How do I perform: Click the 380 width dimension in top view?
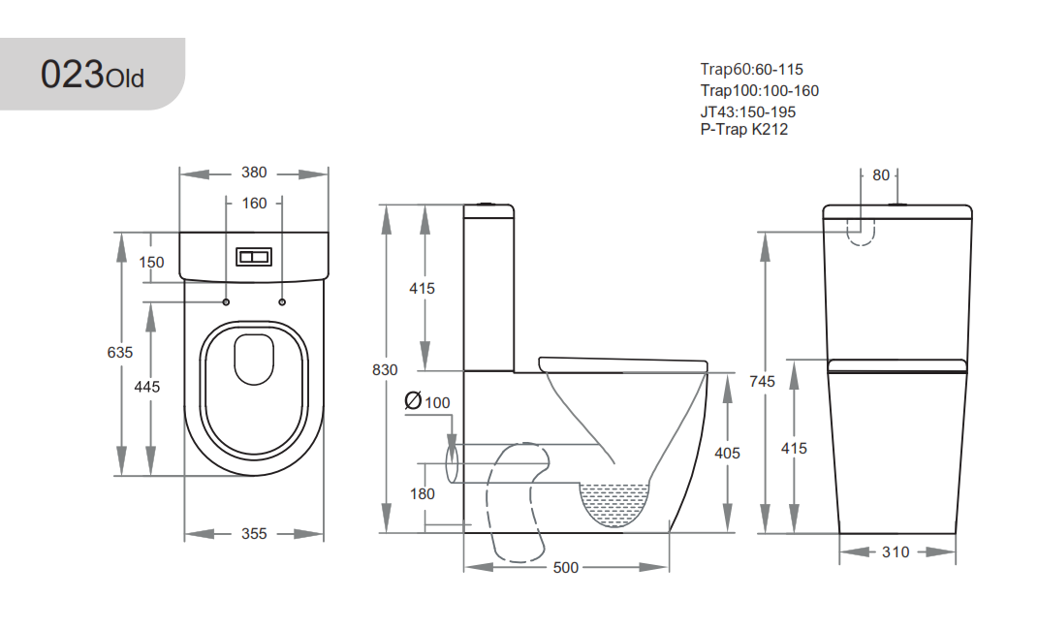[x=254, y=173]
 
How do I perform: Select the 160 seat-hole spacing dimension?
[x=254, y=204]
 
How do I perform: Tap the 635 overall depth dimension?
[x=120, y=353]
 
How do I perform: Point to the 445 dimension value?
[x=147, y=387]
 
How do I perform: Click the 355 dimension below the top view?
[x=254, y=533]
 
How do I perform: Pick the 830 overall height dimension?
[x=385, y=370]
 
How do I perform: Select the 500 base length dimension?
[x=565, y=567]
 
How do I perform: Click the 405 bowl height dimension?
[x=727, y=454]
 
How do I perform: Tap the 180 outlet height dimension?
[x=423, y=493]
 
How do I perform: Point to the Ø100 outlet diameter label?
[x=427, y=401]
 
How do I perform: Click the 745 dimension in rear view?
[x=762, y=381]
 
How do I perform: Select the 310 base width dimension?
[x=896, y=551]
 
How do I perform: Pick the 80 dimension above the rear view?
[x=880, y=175]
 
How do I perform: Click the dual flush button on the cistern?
[x=254, y=256]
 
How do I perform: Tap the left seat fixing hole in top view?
[x=227, y=301]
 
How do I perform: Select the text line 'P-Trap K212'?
[x=744, y=129]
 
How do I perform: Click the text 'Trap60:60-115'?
[x=752, y=70]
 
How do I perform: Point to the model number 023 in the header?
[x=72, y=74]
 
